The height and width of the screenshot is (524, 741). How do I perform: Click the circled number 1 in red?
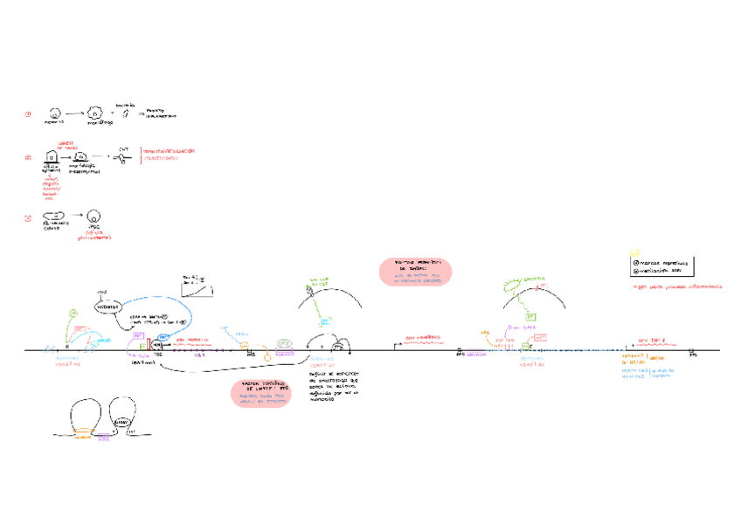point(28,114)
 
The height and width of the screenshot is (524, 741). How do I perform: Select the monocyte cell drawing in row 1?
point(54,114)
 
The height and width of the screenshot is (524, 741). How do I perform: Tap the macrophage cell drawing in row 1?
point(95,114)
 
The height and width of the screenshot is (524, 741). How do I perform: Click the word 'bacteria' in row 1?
point(125,105)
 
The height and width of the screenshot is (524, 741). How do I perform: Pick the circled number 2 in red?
point(28,158)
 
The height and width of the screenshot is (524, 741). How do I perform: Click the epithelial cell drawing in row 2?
point(51,155)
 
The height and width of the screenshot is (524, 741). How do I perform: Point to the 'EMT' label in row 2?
point(123,149)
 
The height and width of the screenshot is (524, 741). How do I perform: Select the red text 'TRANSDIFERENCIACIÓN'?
point(170,151)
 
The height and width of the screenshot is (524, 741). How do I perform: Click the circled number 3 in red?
point(28,218)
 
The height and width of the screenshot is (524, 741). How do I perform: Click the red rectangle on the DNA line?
point(149,346)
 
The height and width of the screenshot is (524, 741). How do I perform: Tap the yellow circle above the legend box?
point(635,252)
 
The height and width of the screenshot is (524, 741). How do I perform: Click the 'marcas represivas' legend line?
point(660,262)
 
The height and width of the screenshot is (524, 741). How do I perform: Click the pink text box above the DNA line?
point(415,271)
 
